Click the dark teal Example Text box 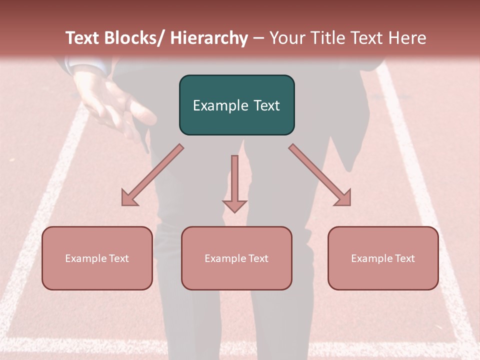[236, 105]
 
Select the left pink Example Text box [97, 258]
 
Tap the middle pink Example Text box [236, 258]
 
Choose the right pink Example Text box [383, 258]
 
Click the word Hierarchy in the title [209, 38]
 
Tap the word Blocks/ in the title [136, 38]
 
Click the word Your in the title [286, 38]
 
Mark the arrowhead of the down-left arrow [129, 198]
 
